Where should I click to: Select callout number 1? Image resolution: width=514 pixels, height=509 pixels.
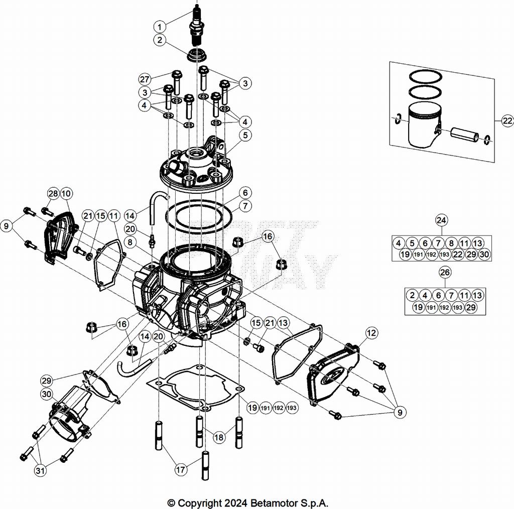(x=160, y=26)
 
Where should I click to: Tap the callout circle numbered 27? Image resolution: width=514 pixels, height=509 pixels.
(x=145, y=79)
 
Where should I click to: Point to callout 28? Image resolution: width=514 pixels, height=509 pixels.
(x=53, y=193)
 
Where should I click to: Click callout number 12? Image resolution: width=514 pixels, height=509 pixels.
(x=371, y=333)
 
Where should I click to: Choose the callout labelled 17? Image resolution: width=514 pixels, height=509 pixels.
(x=180, y=470)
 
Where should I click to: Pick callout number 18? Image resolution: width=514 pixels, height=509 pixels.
(x=219, y=437)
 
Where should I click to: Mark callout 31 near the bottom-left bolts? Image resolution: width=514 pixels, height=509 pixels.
(x=40, y=471)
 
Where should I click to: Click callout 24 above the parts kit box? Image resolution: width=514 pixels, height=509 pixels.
(x=442, y=220)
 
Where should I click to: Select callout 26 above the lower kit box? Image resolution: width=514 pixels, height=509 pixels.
(x=445, y=272)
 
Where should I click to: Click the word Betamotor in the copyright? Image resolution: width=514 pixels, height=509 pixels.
(x=274, y=503)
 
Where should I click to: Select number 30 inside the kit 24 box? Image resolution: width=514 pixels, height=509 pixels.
(x=484, y=254)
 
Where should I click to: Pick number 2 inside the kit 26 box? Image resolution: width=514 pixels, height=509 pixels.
(x=412, y=295)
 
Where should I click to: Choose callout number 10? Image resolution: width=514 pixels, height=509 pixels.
(x=66, y=193)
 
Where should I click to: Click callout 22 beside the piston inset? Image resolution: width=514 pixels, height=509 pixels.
(x=507, y=121)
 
